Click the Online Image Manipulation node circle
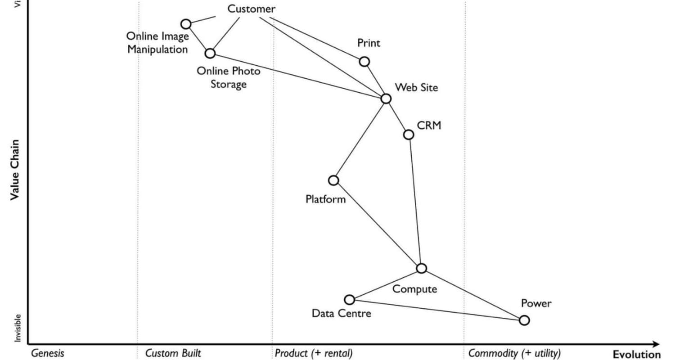tap(186, 24)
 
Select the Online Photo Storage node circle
tap(210, 53)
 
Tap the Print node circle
tap(364, 61)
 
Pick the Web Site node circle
tap(386, 99)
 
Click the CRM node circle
tap(409, 134)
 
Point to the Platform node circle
tap(333, 180)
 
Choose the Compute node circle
tap(421, 268)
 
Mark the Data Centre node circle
tap(349, 300)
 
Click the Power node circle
tap(524, 320)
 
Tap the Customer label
tap(251, 9)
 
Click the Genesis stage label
tap(47, 353)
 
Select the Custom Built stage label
tap(173, 353)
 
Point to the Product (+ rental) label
tap(314, 353)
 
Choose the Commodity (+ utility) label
tap(514, 353)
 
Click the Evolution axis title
tap(636, 354)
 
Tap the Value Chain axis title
tap(15, 170)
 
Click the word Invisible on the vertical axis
tap(17, 328)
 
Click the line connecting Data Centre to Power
tap(436, 310)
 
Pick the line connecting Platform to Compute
tap(377, 224)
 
